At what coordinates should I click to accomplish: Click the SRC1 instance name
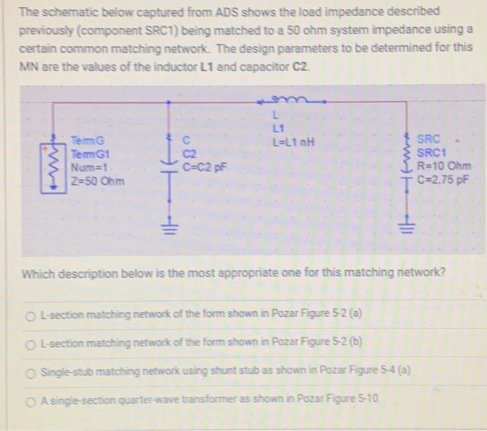429,153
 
